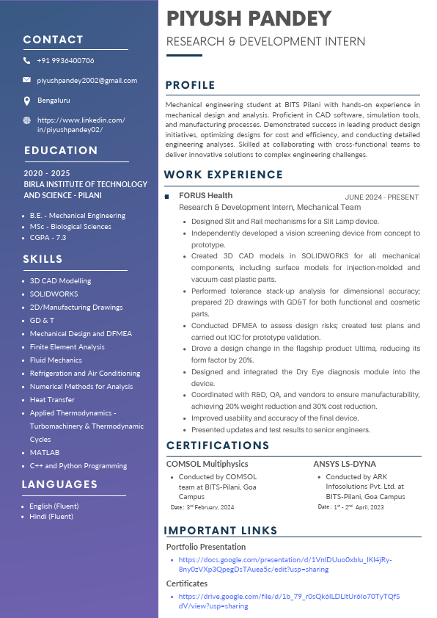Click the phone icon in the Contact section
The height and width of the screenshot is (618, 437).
tap(27, 60)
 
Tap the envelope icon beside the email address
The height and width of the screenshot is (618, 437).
tap(27, 79)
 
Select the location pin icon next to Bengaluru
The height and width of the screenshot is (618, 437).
tap(27, 100)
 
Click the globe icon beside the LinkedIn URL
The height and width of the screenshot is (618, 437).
tap(27, 120)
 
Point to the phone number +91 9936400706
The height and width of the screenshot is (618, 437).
tap(65, 60)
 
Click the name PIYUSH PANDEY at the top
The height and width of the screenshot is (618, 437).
tap(249, 18)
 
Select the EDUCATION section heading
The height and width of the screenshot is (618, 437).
tap(61, 150)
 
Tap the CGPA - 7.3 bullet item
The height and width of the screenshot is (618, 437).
tap(48, 238)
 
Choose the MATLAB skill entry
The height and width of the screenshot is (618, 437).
tap(45, 453)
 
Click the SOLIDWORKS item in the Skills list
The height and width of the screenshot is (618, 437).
tap(54, 294)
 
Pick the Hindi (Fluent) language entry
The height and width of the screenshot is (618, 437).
tap(51, 517)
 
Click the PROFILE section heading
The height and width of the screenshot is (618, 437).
tap(191, 85)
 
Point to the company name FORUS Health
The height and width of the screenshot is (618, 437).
tap(206, 195)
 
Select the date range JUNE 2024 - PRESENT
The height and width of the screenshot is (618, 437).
tap(382, 197)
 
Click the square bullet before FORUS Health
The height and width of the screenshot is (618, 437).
tap(169, 196)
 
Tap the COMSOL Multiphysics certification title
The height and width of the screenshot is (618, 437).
tap(208, 464)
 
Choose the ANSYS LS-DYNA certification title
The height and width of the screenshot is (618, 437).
tap(345, 464)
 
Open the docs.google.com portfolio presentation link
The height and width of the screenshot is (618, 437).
tap(284, 564)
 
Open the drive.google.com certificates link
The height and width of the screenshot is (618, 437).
tap(289, 601)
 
